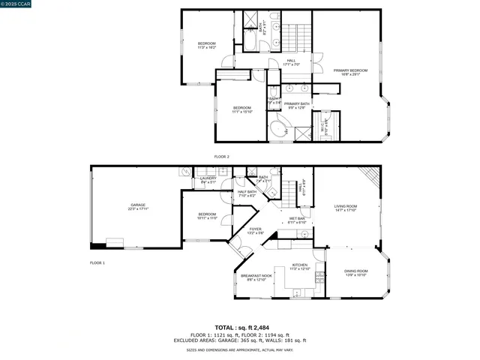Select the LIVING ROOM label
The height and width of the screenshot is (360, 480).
coord(346,208)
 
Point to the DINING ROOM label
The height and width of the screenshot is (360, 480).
coord(356,273)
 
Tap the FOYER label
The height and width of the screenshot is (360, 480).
coord(256,230)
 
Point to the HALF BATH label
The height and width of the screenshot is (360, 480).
coord(247,193)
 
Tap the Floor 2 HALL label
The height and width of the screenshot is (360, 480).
coord(291,62)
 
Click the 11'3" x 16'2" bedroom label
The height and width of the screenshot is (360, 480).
coord(207,45)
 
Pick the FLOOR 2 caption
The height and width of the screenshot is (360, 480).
coord(221,156)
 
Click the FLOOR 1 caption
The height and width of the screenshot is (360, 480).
coord(97,262)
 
